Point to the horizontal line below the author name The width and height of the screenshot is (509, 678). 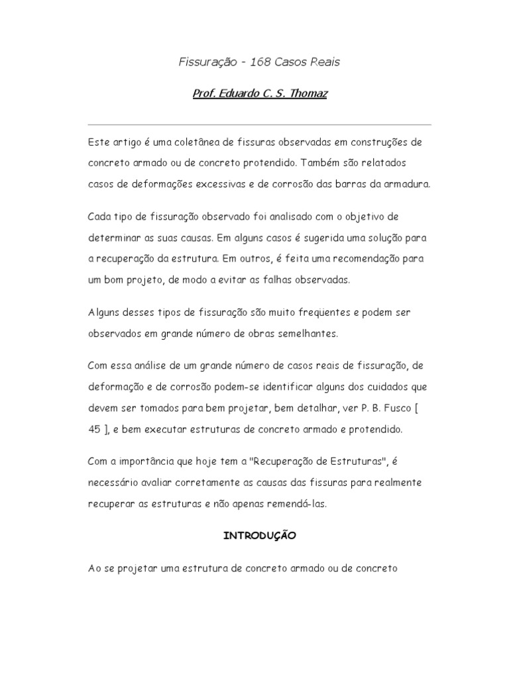coord(259,124)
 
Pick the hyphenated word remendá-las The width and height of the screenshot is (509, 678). coord(298,504)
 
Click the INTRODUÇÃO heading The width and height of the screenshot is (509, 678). coord(259,536)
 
